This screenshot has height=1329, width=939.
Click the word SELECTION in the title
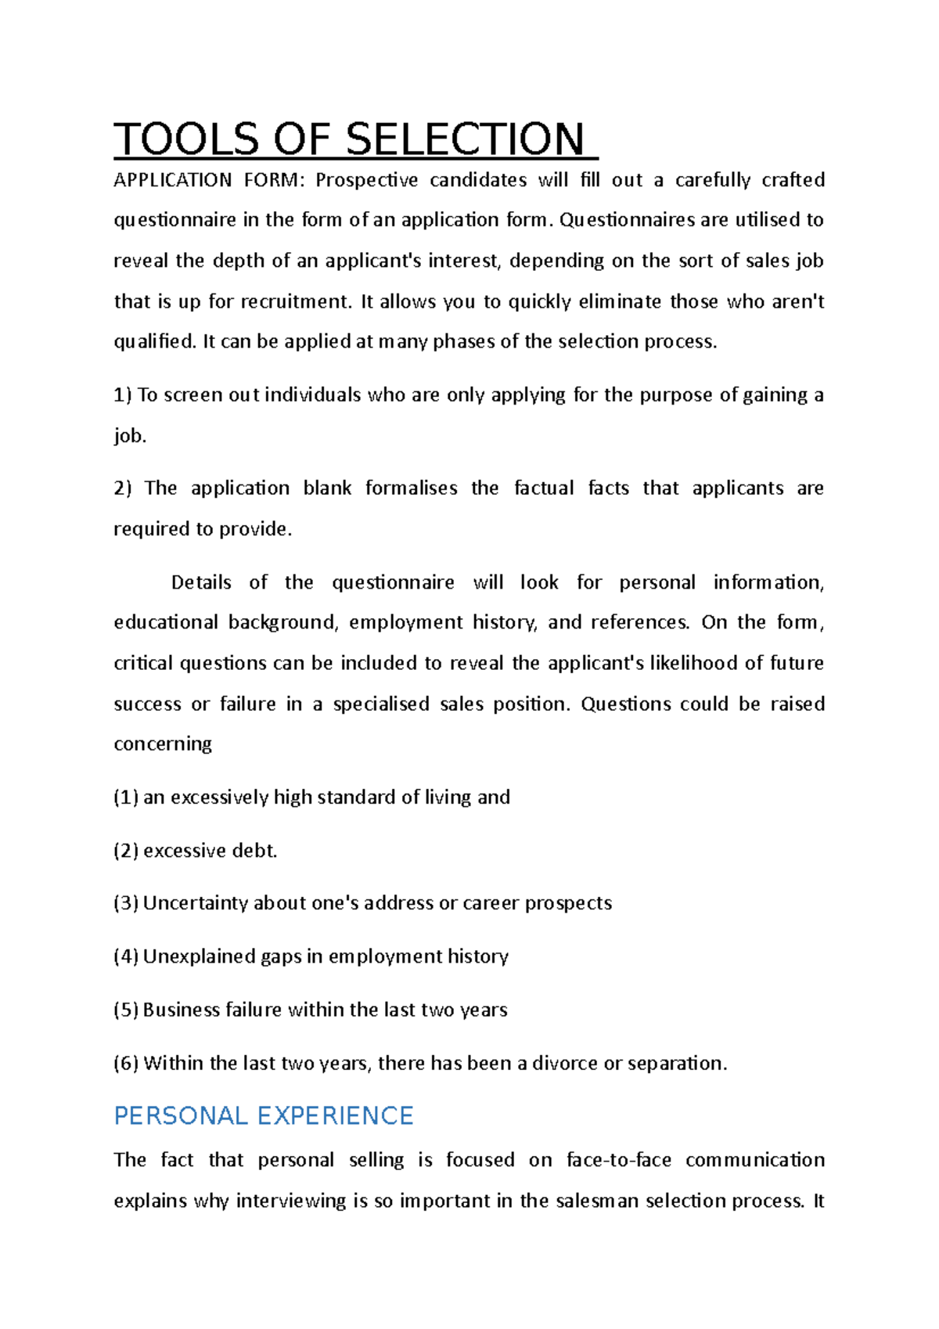pos(464,140)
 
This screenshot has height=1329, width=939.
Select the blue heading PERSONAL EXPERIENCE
pos(263,1115)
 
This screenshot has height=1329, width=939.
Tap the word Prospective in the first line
pos(366,181)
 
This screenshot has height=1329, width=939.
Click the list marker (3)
pos(126,903)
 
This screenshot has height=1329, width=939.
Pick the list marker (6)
pos(126,1064)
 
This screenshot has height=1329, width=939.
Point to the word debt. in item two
pos(254,851)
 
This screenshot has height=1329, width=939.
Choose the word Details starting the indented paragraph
pos(201,582)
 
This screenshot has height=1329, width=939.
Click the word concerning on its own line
pos(163,744)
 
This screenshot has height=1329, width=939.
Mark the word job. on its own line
pos(130,436)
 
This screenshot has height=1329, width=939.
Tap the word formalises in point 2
pos(411,488)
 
